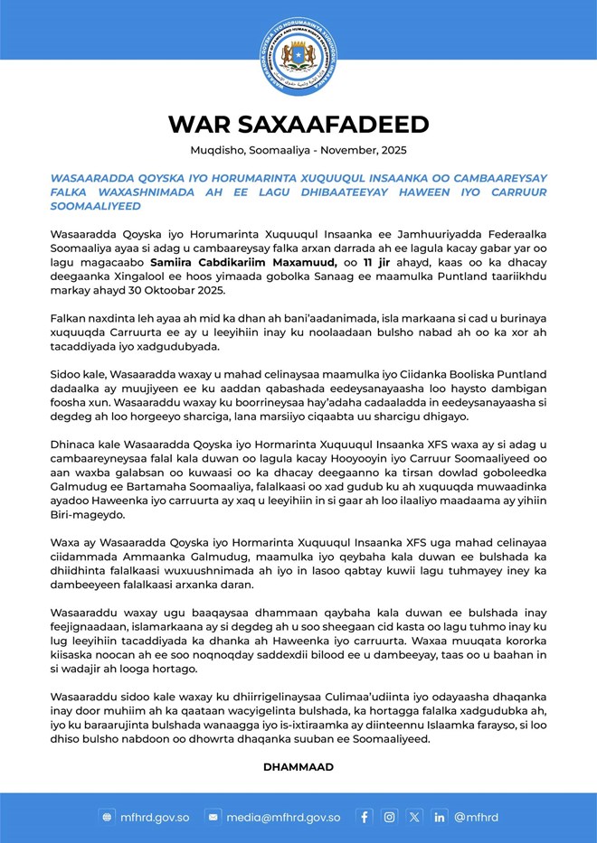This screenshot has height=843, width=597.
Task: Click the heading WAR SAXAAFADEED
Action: [x=298, y=124]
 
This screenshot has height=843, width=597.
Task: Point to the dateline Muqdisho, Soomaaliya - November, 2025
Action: [x=298, y=150]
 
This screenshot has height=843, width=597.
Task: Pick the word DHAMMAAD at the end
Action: [x=298, y=766]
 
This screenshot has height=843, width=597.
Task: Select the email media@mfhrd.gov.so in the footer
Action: [x=283, y=817]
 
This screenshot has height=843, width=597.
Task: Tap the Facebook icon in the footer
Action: [x=364, y=817]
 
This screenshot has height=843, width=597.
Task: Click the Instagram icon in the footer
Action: [x=389, y=817]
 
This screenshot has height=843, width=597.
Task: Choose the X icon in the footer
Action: [x=414, y=817]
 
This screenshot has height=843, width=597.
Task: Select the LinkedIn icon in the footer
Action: [x=440, y=817]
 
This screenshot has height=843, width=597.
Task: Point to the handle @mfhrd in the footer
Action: [x=476, y=817]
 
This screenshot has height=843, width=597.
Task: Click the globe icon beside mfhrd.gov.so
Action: [x=108, y=817]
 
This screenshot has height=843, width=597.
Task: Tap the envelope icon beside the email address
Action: [x=213, y=817]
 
